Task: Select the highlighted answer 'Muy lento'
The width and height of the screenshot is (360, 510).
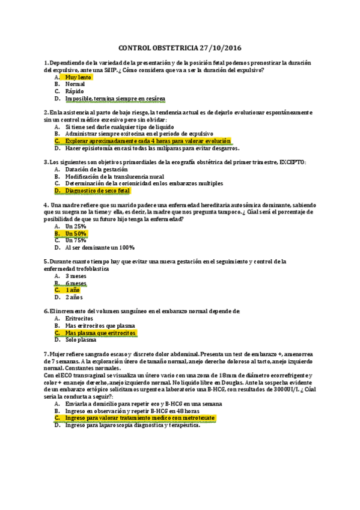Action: (x=79, y=77)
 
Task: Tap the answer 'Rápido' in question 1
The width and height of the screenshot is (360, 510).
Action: (x=75, y=91)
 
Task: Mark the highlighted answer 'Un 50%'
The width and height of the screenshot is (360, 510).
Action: (x=76, y=233)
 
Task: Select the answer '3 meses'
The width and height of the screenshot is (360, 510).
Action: (x=76, y=275)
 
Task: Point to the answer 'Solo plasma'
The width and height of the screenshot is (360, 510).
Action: (x=81, y=340)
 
